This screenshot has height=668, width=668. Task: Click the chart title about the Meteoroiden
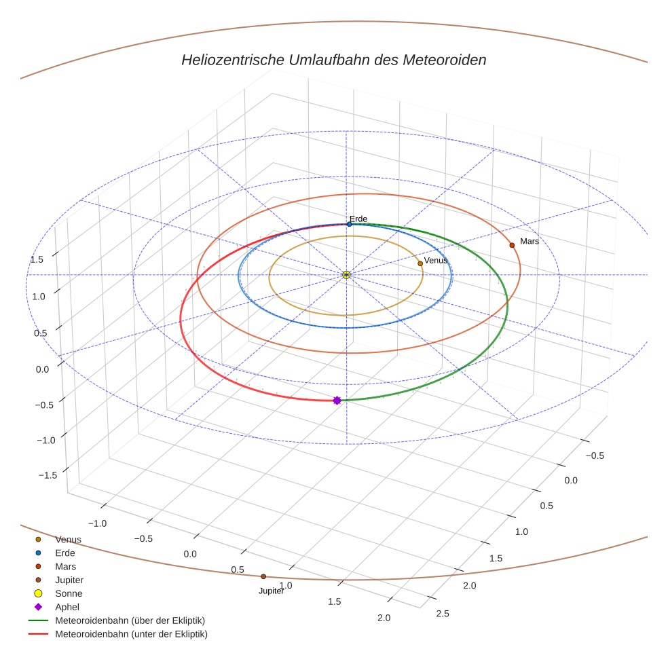[333, 60]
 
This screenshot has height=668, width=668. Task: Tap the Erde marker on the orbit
[349, 224]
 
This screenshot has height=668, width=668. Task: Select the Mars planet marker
[512, 245]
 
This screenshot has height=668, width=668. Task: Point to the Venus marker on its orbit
[420, 263]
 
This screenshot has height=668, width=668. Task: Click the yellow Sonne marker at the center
[346, 274]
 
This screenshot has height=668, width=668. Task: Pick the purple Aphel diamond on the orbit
[337, 401]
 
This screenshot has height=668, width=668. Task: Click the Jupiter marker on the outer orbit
[263, 577]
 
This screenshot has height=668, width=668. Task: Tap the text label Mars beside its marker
[530, 241]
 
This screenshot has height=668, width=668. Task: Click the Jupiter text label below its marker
[271, 591]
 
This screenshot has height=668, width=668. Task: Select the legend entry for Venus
[68, 540]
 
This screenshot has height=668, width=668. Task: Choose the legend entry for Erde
[65, 553]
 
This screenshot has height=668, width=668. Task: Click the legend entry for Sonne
[69, 593]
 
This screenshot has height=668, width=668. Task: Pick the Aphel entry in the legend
[67, 607]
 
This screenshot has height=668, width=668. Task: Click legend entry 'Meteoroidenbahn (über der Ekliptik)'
[130, 620]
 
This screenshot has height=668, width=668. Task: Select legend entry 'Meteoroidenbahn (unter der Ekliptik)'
[131, 634]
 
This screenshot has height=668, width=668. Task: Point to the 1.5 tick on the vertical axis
[37, 259]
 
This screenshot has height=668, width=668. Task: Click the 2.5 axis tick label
[442, 614]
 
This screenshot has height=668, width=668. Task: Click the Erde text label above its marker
[358, 219]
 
